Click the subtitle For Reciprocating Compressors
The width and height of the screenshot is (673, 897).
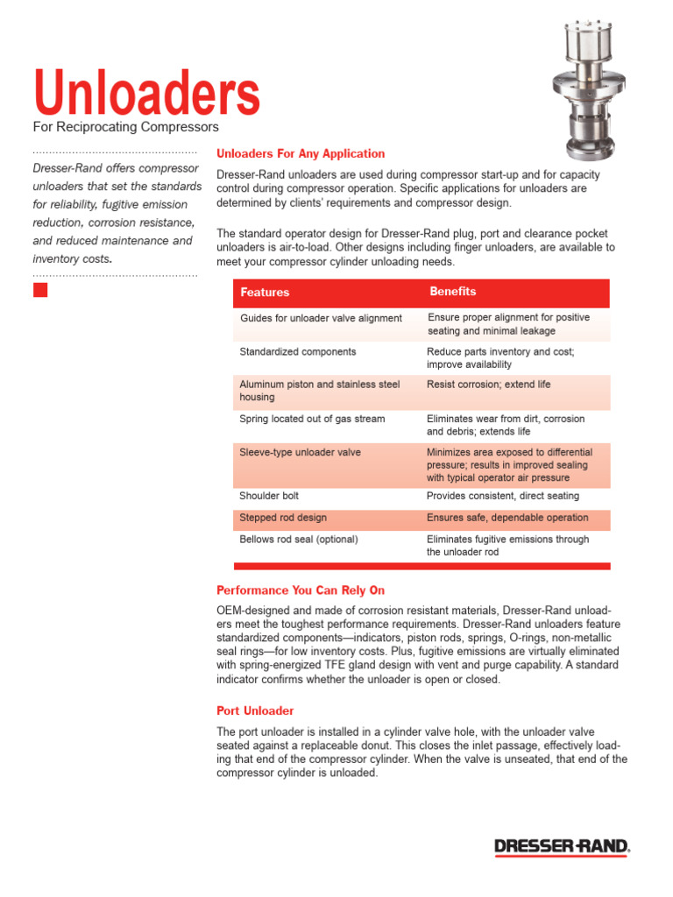tap(125, 128)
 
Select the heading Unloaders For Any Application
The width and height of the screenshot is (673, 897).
tap(301, 153)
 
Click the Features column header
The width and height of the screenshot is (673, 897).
tap(265, 293)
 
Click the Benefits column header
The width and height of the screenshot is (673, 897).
tap(452, 292)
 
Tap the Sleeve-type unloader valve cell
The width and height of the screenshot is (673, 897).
tap(287, 453)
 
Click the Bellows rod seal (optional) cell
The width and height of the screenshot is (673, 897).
tap(298, 540)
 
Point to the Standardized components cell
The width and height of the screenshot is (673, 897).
tap(298, 351)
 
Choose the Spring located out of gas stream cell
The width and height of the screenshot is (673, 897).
tap(312, 419)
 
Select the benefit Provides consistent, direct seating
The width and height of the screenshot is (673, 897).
tap(503, 496)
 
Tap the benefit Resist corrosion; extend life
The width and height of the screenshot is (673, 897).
tap(488, 385)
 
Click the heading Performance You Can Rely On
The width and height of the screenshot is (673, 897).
tap(301, 590)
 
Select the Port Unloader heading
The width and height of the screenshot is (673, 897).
tap(255, 710)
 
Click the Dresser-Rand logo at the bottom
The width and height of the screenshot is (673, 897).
tap(562, 846)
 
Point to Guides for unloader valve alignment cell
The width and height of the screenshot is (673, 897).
tap(321, 318)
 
